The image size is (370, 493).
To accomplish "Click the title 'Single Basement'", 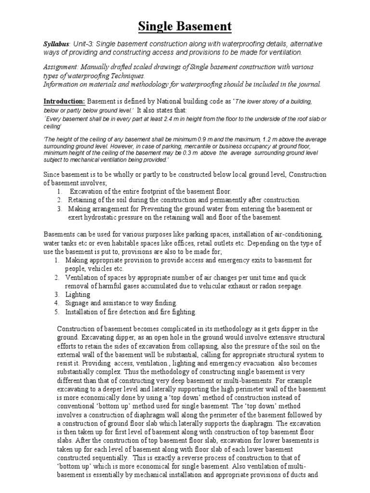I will (185, 26).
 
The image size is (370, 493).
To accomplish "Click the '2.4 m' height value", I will (171, 119).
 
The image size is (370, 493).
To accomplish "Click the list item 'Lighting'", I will (79, 294).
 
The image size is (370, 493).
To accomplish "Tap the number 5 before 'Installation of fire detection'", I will (56, 312).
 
